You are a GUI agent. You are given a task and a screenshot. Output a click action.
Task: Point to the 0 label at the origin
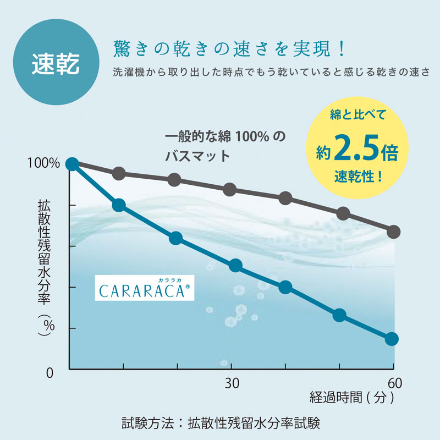pyautogui.click(x=50, y=372)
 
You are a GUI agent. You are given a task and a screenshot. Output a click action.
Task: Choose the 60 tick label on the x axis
pyautogui.click(x=394, y=383)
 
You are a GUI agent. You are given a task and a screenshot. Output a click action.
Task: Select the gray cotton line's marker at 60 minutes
pyautogui.click(x=393, y=232)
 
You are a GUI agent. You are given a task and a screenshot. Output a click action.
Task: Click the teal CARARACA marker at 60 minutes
pyautogui.click(x=392, y=339)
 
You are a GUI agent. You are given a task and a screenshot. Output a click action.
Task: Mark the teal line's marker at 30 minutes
pyautogui.click(x=235, y=266)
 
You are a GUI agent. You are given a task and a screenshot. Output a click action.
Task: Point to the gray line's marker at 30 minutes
pyautogui.click(x=230, y=190)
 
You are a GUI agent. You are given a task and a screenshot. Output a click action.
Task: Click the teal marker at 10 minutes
pyautogui.click(x=119, y=205)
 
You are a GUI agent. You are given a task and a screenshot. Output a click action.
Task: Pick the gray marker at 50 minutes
pyautogui.click(x=343, y=213)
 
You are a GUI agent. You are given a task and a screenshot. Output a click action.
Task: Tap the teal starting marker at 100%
pyautogui.click(x=71, y=164)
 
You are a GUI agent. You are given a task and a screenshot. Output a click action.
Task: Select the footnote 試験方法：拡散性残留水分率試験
pyautogui.click(x=221, y=424)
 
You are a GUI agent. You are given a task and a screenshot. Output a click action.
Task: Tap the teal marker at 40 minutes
pyautogui.click(x=285, y=287)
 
